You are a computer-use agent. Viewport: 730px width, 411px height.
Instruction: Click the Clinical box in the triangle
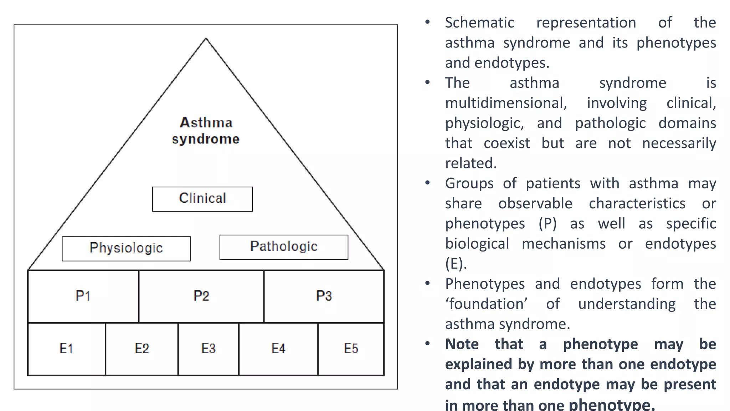(202, 199)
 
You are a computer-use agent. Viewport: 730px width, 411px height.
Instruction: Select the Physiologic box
(126, 248)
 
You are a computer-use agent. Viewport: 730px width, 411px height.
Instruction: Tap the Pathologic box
(284, 247)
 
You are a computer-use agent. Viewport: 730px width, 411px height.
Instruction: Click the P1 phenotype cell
(83, 296)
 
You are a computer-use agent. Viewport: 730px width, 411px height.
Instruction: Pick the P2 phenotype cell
(201, 296)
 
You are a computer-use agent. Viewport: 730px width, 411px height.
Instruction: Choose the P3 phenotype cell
(324, 296)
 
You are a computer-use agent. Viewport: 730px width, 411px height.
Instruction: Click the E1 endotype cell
(66, 349)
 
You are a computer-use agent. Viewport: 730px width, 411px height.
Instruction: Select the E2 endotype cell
(142, 349)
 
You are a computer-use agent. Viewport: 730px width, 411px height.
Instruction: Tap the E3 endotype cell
(208, 349)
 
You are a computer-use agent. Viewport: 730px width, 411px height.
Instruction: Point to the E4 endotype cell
(278, 349)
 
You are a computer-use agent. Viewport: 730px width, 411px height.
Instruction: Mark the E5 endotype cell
(351, 349)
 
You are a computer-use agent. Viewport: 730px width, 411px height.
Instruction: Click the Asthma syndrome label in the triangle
(206, 131)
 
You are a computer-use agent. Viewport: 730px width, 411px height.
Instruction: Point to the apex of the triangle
(206, 39)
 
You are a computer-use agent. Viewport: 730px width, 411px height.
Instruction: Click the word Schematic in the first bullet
(479, 23)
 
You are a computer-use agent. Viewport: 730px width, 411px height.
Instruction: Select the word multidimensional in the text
(506, 103)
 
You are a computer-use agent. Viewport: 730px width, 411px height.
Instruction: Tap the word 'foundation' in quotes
(487, 304)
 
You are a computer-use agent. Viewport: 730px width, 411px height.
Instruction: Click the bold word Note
(462, 344)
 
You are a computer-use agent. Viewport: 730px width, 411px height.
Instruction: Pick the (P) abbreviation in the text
(547, 224)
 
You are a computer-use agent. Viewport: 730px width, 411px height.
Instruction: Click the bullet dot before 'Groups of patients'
(427, 183)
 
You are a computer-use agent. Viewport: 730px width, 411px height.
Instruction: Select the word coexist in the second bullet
(507, 143)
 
